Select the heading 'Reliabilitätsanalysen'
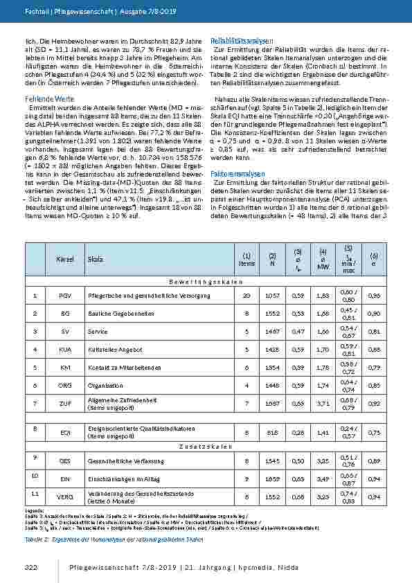(x=242, y=42)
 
